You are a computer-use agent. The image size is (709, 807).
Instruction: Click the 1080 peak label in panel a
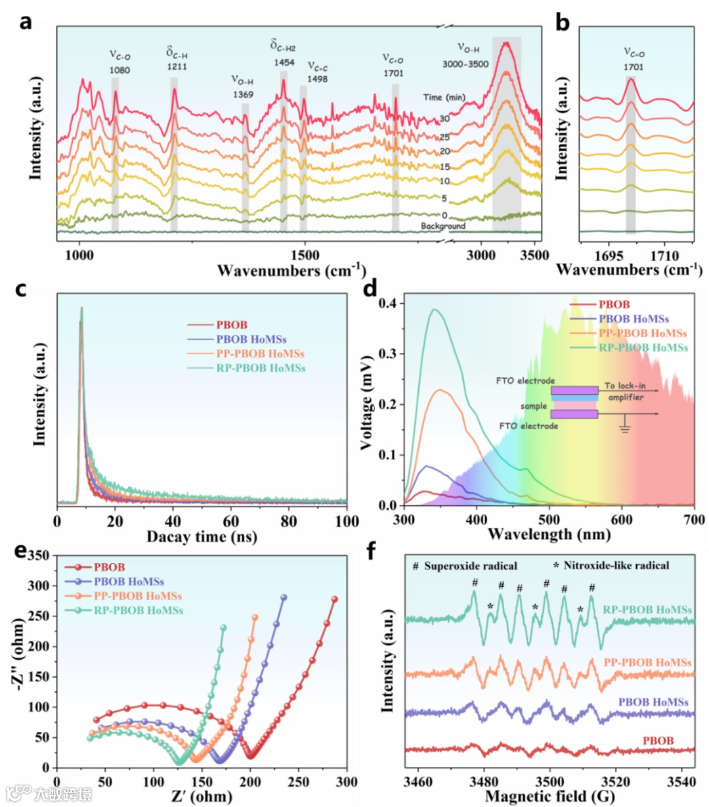click(x=119, y=69)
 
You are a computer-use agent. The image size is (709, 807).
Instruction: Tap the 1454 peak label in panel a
click(x=284, y=62)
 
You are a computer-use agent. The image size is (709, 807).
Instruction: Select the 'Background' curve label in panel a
click(x=443, y=226)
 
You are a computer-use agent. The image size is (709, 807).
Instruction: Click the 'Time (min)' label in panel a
click(x=444, y=97)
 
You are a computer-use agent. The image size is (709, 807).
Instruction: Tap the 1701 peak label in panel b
click(x=634, y=67)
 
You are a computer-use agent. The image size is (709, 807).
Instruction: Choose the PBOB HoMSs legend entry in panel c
click(x=251, y=339)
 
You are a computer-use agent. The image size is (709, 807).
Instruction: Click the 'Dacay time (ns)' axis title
click(x=202, y=537)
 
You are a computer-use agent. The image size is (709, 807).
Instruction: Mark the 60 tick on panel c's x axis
click(x=230, y=522)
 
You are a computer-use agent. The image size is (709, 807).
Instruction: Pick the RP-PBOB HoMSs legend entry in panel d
click(x=643, y=348)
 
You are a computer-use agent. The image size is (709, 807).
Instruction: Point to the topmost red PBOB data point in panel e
click(x=334, y=599)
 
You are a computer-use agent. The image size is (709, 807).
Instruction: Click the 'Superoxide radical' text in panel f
click(x=470, y=566)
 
